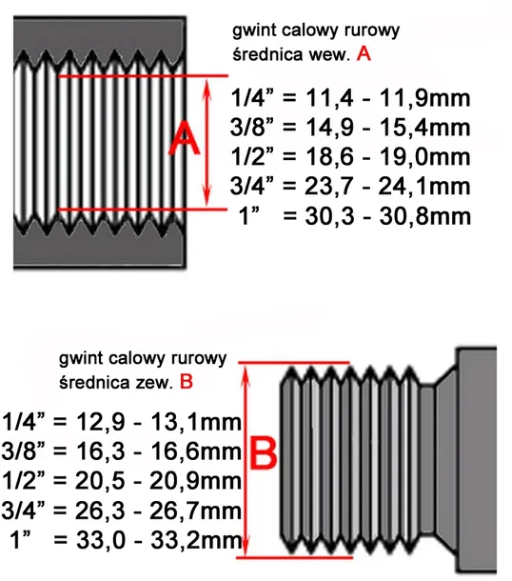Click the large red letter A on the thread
pyautogui.click(x=185, y=140)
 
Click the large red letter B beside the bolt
pyautogui.click(x=264, y=452)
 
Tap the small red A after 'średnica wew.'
pyautogui.click(x=364, y=54)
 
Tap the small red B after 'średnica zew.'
pyautogui.click(x=187, y=382)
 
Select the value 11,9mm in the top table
pyautogui.click(x=424, y=98)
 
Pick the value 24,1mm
pyautogui.click(x=424, y=186)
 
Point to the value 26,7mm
pyautogui.click(x=195, y=511)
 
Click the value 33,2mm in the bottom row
pyautogui.click(x=196, y=540)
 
